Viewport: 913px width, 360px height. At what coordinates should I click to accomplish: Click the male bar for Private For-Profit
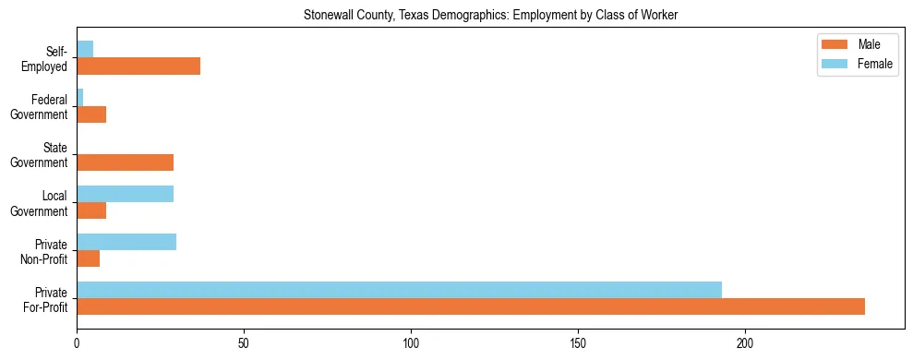[x=471, y=306]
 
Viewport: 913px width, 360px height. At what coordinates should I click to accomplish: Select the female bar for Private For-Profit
[x=399, y=290]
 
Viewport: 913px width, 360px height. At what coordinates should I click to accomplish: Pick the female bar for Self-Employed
[x=85, y=49]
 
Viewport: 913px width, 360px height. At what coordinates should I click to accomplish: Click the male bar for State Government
[x=125, y=162]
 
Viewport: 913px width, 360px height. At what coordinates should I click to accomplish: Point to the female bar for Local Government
[x=125, y=194]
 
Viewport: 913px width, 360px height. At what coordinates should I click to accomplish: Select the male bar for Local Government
[x=91, y=210]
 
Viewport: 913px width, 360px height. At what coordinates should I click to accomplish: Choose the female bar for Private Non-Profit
[x=126, y=242]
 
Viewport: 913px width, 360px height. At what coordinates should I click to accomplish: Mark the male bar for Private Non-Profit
[x=88, y=258]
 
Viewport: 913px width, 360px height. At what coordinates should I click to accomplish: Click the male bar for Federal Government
[x=91, y=114]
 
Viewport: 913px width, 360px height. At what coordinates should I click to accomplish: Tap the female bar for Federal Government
[x=80, y=97]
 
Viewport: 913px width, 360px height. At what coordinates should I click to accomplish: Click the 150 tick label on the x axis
[x=578, y=343]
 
